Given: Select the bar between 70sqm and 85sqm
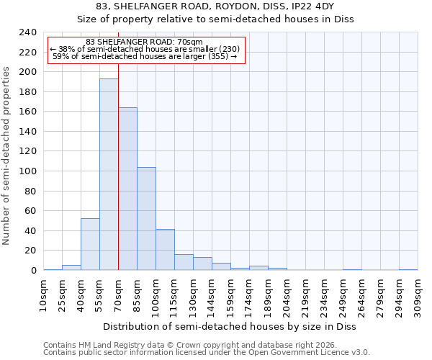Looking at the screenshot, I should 127,189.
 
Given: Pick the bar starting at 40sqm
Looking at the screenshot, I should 90,244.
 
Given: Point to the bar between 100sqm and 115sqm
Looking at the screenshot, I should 165,250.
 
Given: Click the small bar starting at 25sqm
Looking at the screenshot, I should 71,268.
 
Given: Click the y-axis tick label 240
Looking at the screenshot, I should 27,32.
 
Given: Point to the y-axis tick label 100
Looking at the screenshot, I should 27,171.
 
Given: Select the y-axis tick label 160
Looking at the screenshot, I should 27,112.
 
